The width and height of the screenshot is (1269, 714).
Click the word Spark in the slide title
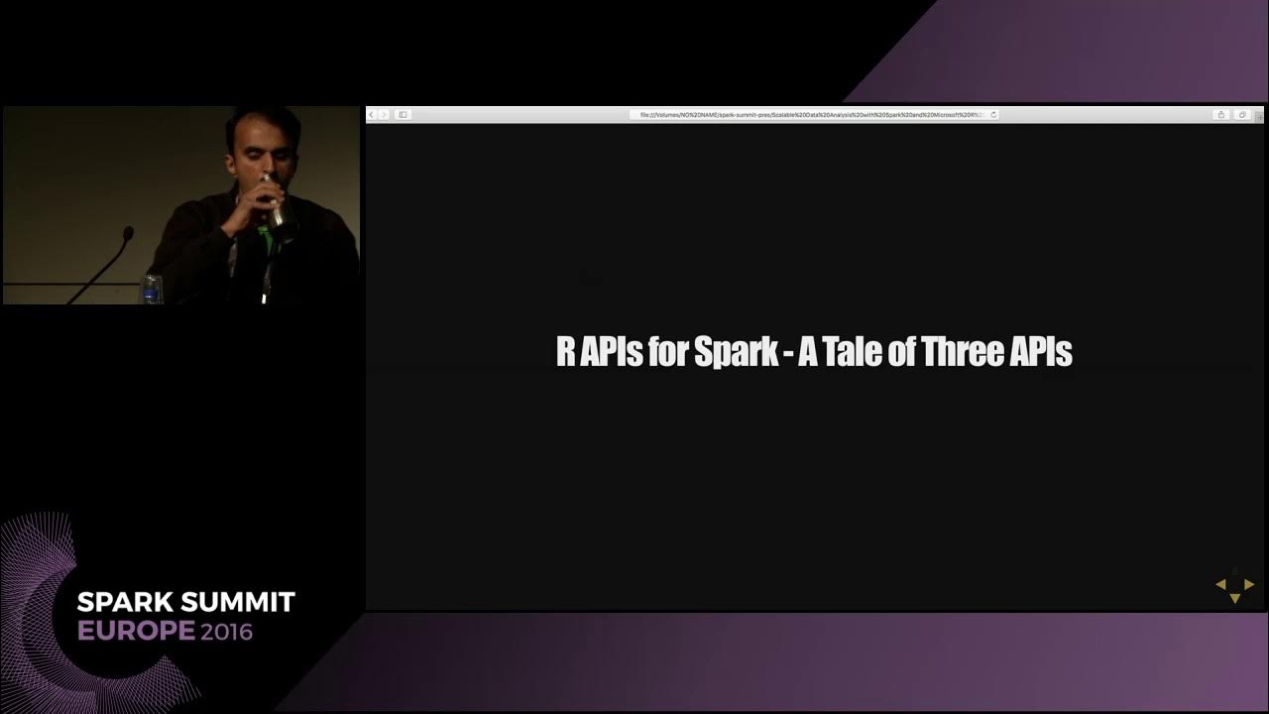point(736,353)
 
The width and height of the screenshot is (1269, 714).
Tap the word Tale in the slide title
point(853,352)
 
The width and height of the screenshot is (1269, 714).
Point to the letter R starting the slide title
point(565,352)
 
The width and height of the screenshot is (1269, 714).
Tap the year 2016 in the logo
point(227,632)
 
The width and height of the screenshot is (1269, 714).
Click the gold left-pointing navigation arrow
point(1221,585)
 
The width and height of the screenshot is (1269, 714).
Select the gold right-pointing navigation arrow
point(1249,585)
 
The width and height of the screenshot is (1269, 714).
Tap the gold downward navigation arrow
point(1235,598)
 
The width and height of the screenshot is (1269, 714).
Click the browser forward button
point(384,115)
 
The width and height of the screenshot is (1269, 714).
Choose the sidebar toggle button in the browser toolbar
point(403,115)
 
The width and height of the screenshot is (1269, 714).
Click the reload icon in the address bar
point(993,115)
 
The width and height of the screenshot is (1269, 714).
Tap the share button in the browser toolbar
point(1220,115)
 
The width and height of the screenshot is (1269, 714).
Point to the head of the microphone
point(128,233)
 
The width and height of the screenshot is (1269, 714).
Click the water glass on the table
point(151,289)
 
